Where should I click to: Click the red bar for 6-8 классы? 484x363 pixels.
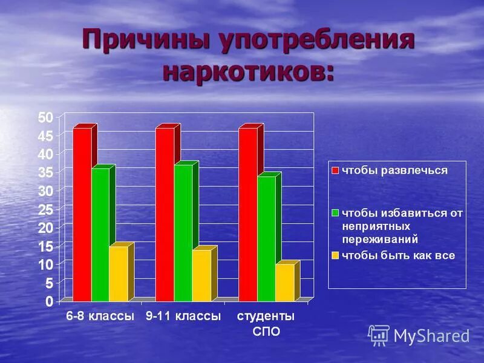click(82, 214)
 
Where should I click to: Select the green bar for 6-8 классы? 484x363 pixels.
click(100, 234)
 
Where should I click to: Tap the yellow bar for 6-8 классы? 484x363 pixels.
click(118, 273)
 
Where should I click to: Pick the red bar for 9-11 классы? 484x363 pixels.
click(165, 214)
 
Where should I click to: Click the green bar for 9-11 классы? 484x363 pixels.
click(183, 232)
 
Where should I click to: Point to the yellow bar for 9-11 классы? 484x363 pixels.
click(201, 275)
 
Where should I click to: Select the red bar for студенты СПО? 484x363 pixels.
click(247, 214)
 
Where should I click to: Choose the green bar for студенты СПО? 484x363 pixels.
click(266, 238)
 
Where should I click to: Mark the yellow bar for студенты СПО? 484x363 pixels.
click(284, 283)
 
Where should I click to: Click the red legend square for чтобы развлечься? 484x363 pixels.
click(335, 171)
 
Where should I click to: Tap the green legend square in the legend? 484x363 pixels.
click(335, 213)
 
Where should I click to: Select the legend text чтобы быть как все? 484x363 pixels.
click(398, 255)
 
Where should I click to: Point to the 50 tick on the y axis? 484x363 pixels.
click(46, 117)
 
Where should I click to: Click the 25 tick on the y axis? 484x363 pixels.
click(46, 209)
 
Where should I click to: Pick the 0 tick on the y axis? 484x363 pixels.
click(49, 301)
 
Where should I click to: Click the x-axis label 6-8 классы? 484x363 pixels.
click(99, 316)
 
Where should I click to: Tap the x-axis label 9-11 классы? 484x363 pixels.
click(183, 316)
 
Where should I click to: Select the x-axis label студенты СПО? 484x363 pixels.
click(266, 324)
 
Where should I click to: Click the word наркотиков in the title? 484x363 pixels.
click(247, 71)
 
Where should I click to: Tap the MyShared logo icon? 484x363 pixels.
click(379, 335)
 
